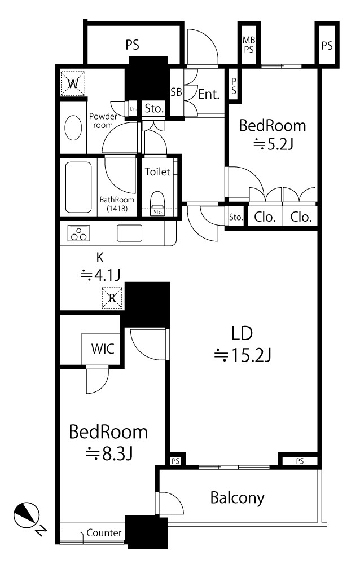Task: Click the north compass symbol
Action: [x=27, y=515]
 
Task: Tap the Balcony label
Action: [x=237, y=498]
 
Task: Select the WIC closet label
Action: [x=103, y=349]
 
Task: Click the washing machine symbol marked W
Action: [x=72, y=84]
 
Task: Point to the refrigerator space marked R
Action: [x=112, y=298]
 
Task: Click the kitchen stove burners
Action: [x=78, y=233]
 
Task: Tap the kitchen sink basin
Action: [x=130, y=233]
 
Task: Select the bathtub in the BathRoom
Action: [x=78, y=187]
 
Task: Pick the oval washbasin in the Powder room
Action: [x=73, y=127]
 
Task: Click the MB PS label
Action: [x=249, y=45]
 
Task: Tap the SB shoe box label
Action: [x=176, y=92]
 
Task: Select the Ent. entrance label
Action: [x=209, y=95]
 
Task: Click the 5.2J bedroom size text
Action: [x=273, y=144]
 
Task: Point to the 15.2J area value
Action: [x=242, y=355]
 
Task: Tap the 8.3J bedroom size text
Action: [x=109, y=453]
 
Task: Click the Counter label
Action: [x=104, y=533]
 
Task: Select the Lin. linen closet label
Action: [x=133, y=109]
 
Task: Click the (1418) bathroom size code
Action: [x=117, y=208]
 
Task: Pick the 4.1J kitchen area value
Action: [x=100, y=276]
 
